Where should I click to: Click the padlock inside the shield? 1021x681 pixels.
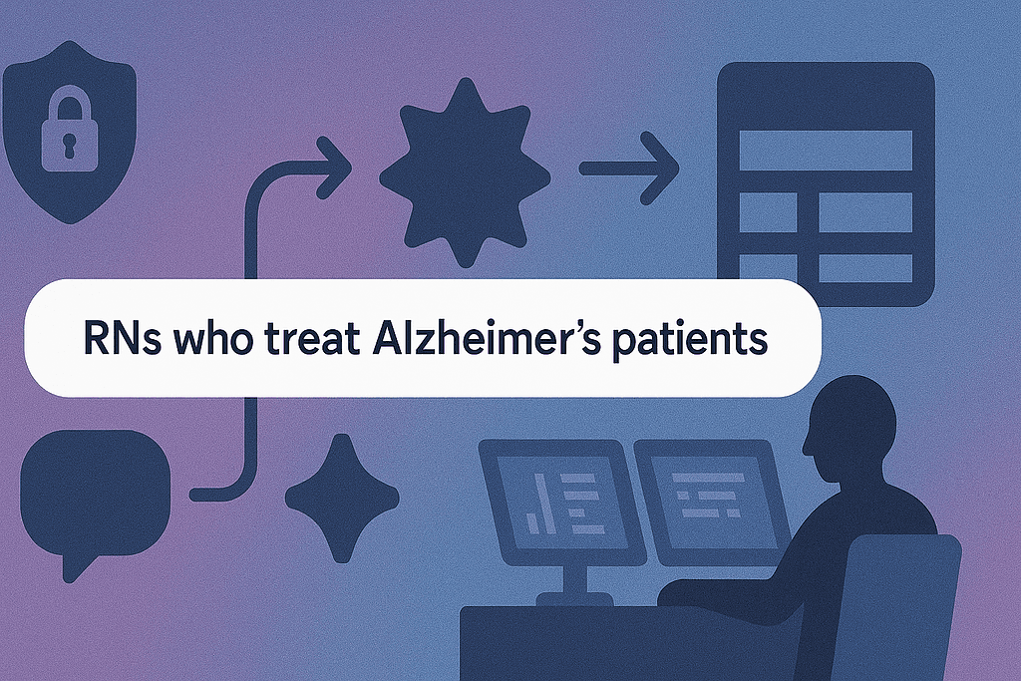coord(70,133)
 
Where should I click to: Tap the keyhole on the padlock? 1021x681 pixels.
coord(70,146)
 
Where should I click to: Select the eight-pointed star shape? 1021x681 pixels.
coord(465,171)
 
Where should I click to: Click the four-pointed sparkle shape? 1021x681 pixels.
coord(342,499)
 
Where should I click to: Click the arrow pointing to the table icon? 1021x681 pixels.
coord(629,169)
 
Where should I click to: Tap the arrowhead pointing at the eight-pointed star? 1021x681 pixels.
coord(334,168)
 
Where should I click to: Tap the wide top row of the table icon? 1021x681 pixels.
coord(825,151)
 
